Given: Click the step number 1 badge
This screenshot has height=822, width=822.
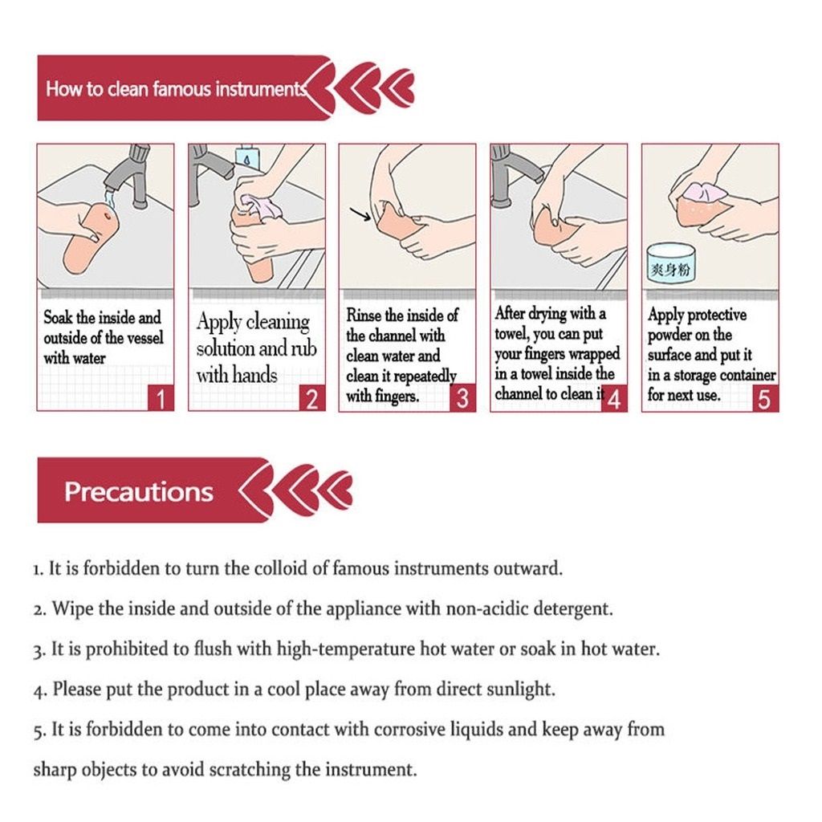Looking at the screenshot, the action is [161, 399].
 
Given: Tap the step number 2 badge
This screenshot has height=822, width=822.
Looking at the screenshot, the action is [312, 399].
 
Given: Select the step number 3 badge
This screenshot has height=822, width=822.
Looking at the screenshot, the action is [462, 398].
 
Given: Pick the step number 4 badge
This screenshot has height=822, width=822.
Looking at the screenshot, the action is [614, 399].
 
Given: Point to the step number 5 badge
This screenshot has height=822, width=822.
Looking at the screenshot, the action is [765, 399].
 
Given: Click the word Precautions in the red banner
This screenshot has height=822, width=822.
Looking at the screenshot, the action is [139, 492].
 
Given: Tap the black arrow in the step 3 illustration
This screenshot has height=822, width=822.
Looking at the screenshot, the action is [360, 214].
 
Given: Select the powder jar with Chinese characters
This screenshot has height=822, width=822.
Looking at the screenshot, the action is [670, 267].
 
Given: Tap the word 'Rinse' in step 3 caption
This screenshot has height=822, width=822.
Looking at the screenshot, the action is [364, 315].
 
